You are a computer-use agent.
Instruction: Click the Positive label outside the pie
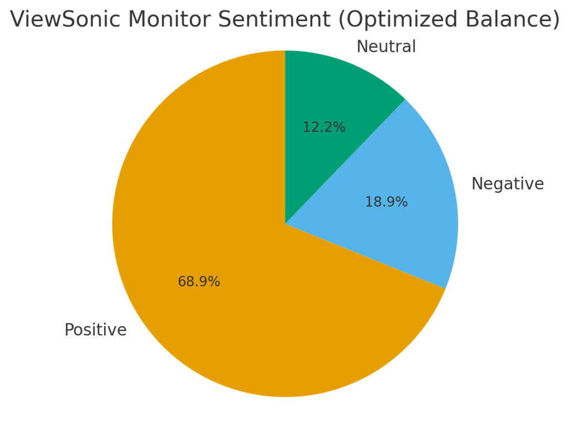click(x=95, y=330)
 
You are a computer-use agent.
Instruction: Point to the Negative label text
click(x=507, y=184)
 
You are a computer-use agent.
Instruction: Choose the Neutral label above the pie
click(x=386, y=47)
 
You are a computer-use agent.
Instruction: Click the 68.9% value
click(x=199, y=282)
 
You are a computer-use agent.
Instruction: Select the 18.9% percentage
click(x=386, y=202)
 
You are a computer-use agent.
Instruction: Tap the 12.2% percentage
click(x=323, y=128)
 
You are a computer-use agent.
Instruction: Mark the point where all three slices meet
click(x=285, y=224)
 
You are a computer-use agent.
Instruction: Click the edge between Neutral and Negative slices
click(x=345, y=162)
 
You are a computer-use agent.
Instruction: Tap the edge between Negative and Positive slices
click(x=365, y=256)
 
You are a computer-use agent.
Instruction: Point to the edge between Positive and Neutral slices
click(x=285, y=137)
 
